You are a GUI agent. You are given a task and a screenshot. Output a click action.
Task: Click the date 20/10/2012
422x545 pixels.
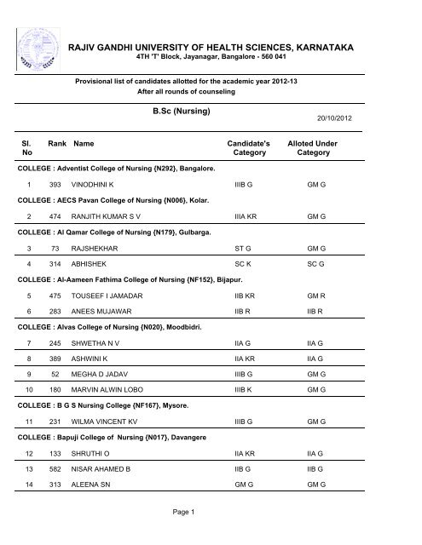click(379, 144)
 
